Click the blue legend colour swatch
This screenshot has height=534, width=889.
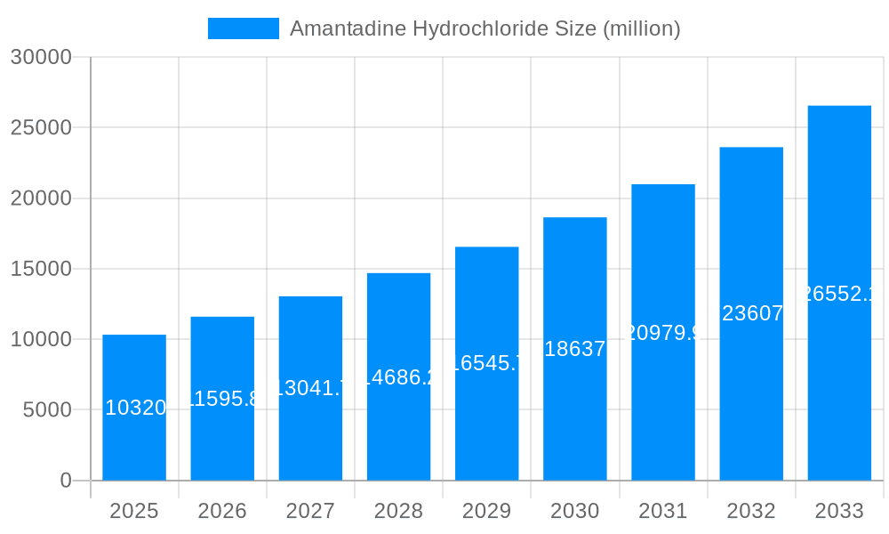243,28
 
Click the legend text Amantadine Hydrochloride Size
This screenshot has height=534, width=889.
485,28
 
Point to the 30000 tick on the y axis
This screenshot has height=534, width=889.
41,57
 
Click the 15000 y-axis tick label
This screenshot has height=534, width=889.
41,269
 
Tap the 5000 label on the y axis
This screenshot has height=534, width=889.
46,410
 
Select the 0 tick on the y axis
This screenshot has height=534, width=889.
66,481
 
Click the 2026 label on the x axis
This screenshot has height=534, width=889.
222,511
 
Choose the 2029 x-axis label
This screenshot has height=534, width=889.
486,511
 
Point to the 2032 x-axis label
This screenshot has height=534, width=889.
751,511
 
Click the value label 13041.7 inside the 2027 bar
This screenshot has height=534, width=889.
310,388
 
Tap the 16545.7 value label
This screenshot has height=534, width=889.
486,363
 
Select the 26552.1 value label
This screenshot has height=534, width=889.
839,294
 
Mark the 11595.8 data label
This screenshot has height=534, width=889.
222,399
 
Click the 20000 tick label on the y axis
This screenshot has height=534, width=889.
41,198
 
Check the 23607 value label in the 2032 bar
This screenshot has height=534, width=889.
752,313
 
